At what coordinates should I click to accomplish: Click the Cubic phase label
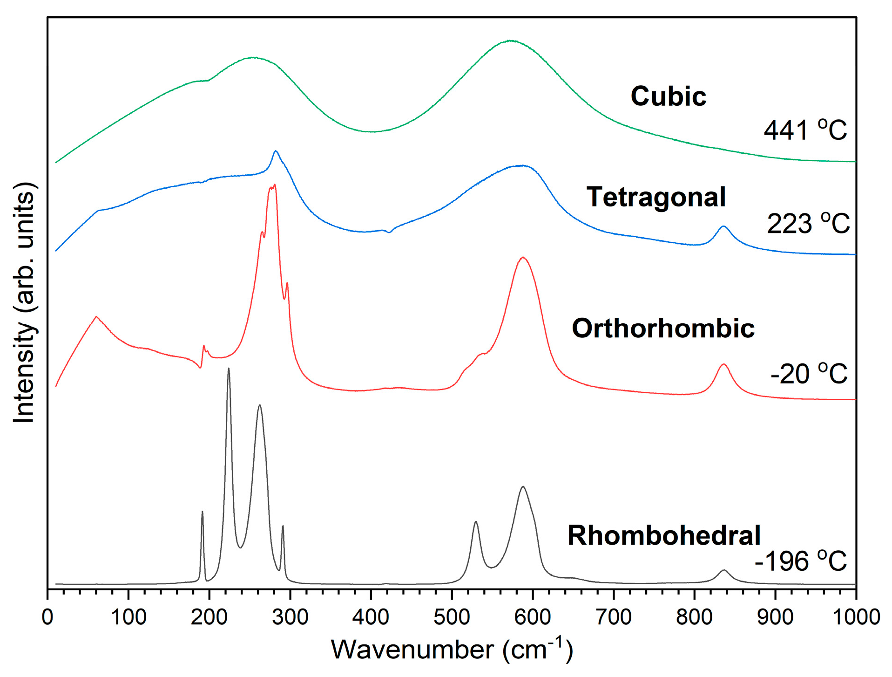point(668,96)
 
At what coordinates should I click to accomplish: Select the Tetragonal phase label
point(655,197)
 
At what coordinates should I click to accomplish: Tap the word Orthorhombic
point(663,328)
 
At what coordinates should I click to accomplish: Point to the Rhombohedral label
point(664,535)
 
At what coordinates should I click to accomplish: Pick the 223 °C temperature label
point(808,224)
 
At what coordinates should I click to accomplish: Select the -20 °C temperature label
point(809,374)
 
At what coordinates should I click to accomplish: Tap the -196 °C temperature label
point(801,561)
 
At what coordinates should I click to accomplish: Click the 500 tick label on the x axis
point(452,617)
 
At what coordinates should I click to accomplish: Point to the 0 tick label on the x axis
point(47,617)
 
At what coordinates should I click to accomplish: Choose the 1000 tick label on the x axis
point(856,617)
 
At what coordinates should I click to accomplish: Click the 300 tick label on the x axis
point(290,617)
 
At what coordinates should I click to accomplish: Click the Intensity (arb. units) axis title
point(24,303)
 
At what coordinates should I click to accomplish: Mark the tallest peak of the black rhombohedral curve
point(229,369)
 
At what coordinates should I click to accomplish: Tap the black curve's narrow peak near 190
point(202,512)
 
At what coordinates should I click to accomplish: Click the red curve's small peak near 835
point(723,364)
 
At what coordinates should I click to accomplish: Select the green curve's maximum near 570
point(511,41)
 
